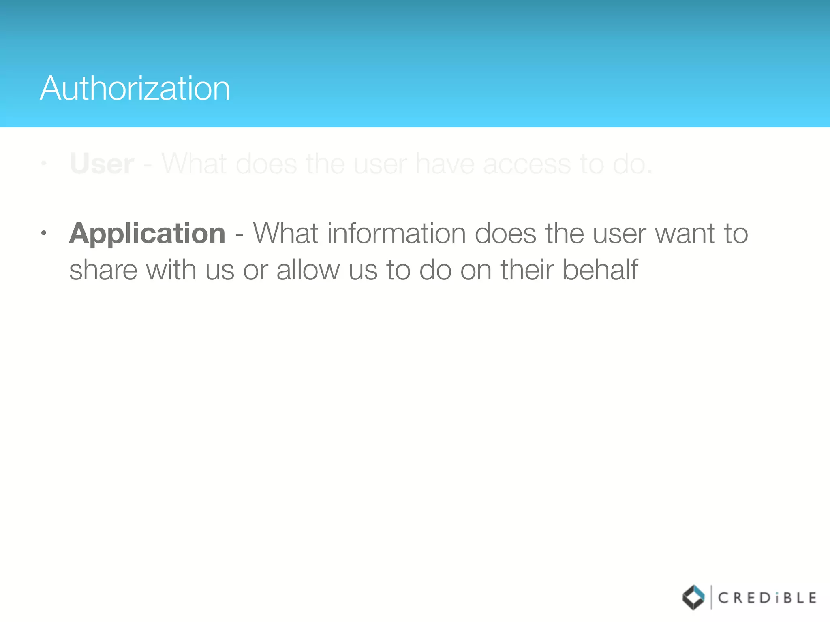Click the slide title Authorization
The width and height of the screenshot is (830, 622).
point(135,88)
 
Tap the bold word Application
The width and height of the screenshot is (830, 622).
point(147,234)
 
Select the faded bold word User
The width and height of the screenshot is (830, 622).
point(102,164)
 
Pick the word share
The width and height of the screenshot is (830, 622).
point(103,271)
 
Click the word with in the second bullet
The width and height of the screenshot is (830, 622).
point(171,270)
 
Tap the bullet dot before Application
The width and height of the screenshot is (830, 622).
point(44,233)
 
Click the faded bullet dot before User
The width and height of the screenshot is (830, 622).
point(44,164)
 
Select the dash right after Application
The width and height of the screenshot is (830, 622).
point(239,234)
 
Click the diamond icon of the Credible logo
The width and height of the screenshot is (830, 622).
point(693,597)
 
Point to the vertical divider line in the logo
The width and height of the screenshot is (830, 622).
point(711,597)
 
